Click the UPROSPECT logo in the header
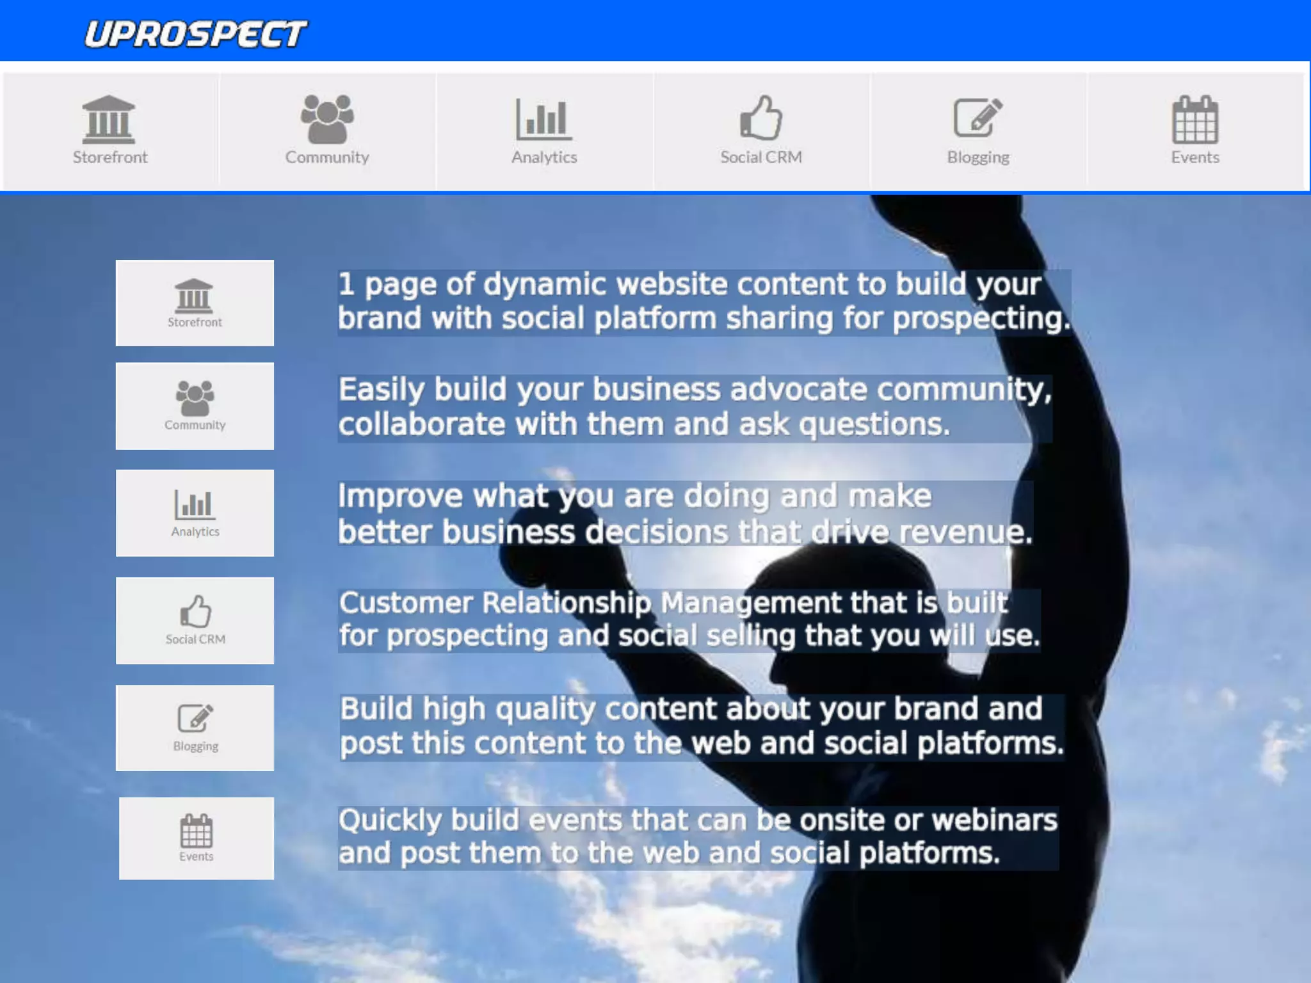(195, 34)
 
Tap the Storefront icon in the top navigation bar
(109, 120)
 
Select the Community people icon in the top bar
(326, 119)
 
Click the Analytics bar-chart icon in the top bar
(543, 119)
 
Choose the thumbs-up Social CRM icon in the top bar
(760, 118)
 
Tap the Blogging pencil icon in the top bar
(977, 118)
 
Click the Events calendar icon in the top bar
(1194, 120)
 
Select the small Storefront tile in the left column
(195, 303)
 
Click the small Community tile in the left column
(195, 406)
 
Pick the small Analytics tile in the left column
(195, 513)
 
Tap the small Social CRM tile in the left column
(195, 620)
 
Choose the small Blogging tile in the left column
(195, 728)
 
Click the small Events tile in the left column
(196, 838)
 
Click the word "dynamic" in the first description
(543, 284)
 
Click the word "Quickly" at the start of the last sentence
(390, 820)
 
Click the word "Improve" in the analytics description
(400, 496)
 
